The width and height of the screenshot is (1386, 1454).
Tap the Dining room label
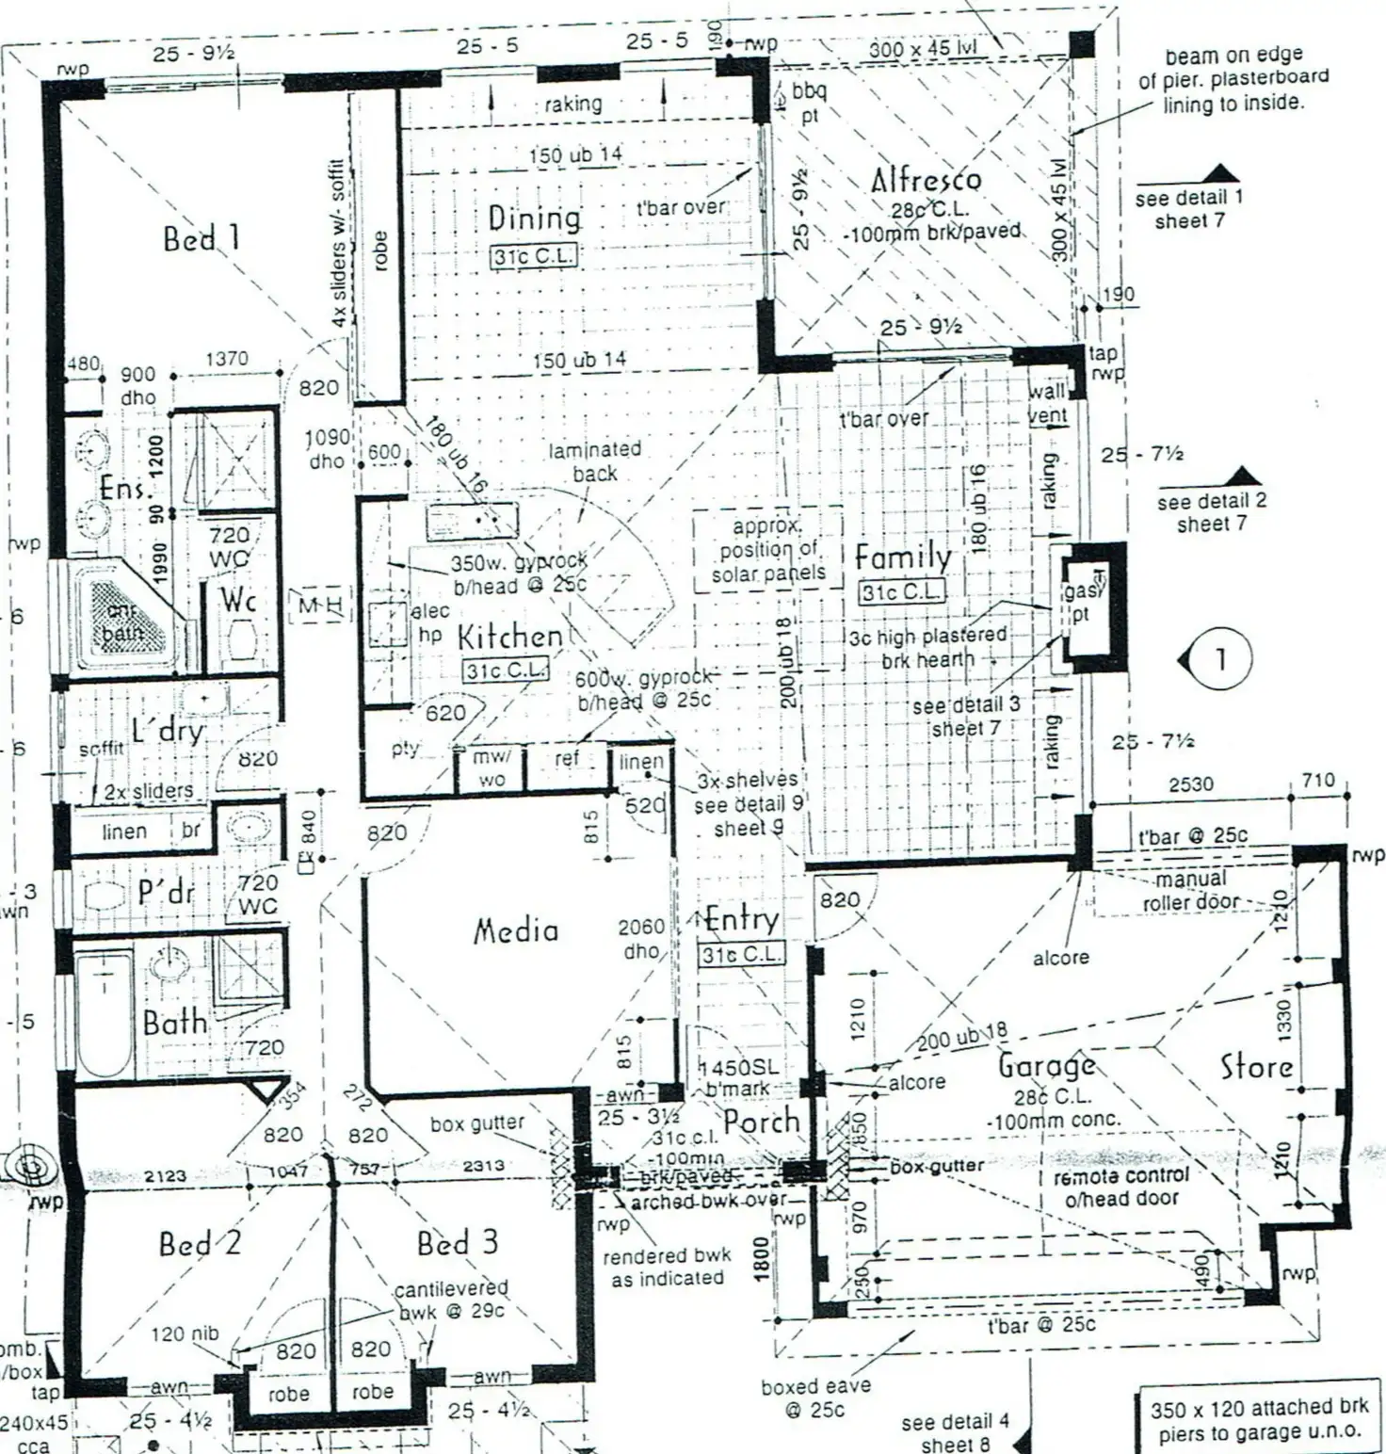[534, 218]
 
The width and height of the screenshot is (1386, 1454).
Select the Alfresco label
[926, 180]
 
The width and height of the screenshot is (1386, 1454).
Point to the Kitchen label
[509, 637]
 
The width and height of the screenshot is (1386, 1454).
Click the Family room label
[902, 557]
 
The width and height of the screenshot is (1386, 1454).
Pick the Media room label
[515, 931]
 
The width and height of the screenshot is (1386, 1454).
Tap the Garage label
[1046, 1066]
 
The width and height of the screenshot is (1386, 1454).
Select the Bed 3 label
[457, 1243]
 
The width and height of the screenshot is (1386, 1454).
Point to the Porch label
[761, 1122]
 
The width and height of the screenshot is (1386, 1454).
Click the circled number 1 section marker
[1220, 658]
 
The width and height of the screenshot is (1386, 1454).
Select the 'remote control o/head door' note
[1120, 1187]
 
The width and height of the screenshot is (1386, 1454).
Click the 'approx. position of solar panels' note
[767, 550]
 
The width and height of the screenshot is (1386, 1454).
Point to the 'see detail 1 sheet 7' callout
[1188, 209]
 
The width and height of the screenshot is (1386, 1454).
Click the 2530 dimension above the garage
[1190, 784]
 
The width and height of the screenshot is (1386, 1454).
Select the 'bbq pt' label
[809, 103]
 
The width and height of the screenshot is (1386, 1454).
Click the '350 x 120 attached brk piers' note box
[1259, 1420]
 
